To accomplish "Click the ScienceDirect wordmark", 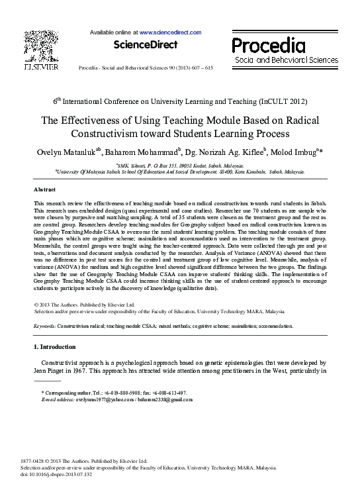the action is tap(146, 45).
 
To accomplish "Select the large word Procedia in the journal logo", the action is tap(268, 45).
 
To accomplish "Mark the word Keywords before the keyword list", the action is tap(44, 326).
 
